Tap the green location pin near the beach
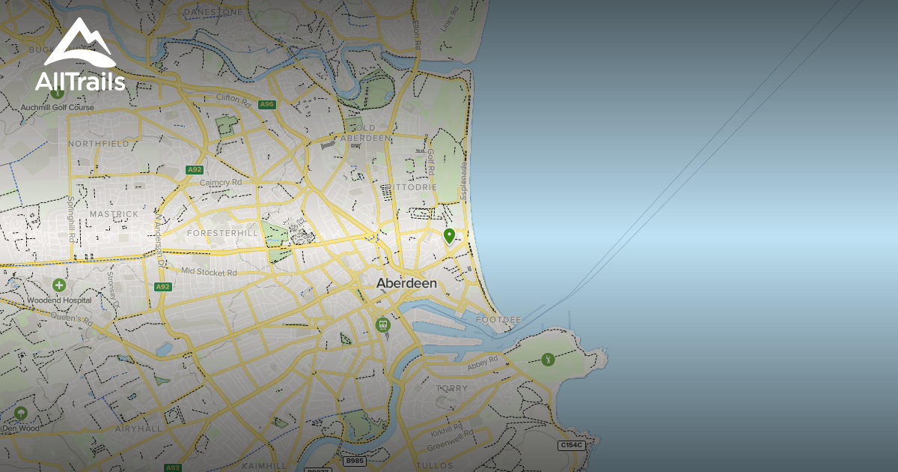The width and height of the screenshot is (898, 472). (x=449, y=236)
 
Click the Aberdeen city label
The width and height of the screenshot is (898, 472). (x=406, y=283)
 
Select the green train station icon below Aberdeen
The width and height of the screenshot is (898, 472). (x=382, y=325)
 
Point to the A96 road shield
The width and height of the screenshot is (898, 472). (x=267, y=104)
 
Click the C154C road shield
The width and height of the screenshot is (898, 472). (x=571, y=445)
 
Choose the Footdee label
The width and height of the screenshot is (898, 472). (x=499, y=320)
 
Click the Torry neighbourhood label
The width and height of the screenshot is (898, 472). (x=451, y=388)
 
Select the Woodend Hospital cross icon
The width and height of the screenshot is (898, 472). (x=59, y=285)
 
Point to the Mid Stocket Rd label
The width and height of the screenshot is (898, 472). (x=209, y=272)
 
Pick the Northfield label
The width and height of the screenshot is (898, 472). (x=98, y=143)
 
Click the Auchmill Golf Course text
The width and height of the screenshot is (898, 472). (x=58, y=108)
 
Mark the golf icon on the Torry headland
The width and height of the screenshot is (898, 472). (x=548, y=360)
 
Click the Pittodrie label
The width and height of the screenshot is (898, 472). (x=408, y=187)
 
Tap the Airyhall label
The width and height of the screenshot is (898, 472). (x=138, y=429)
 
